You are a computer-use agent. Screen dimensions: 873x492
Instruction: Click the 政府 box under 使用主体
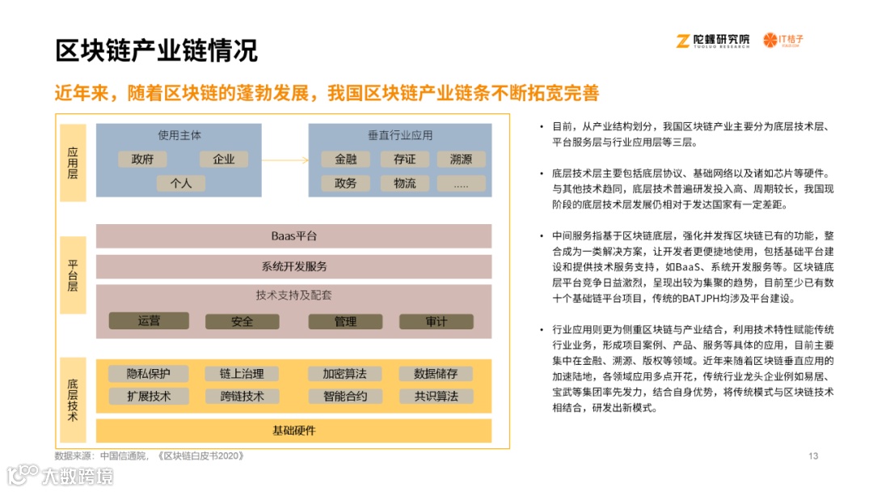pyautogui.click(x=142, y=159)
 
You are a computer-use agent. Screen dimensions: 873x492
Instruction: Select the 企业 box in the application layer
pyautogui.click(x=224, y=159)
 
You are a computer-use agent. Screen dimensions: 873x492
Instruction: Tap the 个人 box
pyautogui.click(x=181, y=183)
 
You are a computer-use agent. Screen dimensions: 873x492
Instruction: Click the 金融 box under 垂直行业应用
pyautogui.click(x=345, y=159)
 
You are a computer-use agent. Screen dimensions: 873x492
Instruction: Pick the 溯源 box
pyautogui.click(x=461, y=159)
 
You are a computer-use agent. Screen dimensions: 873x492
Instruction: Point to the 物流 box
pyautogui.click(x=405, y=183)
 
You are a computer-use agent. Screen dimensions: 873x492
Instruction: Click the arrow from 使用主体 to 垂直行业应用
pyautogui.click(x=284, y=159)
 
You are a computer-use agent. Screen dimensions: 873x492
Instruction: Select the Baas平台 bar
pyautogui.click(x=293, y=236)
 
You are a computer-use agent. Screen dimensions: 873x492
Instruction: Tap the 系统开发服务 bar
pyautogui.click(x=293, y=266)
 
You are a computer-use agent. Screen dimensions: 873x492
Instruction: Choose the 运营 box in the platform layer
pyautogui.click(x=149, y=321)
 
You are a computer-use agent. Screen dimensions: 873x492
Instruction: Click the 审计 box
pyautogui.click(x=436, y=321)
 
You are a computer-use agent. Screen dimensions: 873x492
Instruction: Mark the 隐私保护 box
pyautogui.click(x=149, y=374)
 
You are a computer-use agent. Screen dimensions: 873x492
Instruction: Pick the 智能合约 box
pyautogui.click(x=345, y=397)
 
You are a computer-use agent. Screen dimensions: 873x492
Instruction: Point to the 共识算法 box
pyautogui.click(x=436, y=397)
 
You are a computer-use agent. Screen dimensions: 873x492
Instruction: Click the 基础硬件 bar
pyautogui.click(x=293, y=430)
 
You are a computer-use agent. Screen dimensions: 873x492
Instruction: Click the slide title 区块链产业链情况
pyautogui.click(x=157, y=51)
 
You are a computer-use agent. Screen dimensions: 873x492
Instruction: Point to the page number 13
pyautogui.click(x=813, y=456)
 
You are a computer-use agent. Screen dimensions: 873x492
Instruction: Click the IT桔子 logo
pyautogui.click(x=784, y=40)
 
